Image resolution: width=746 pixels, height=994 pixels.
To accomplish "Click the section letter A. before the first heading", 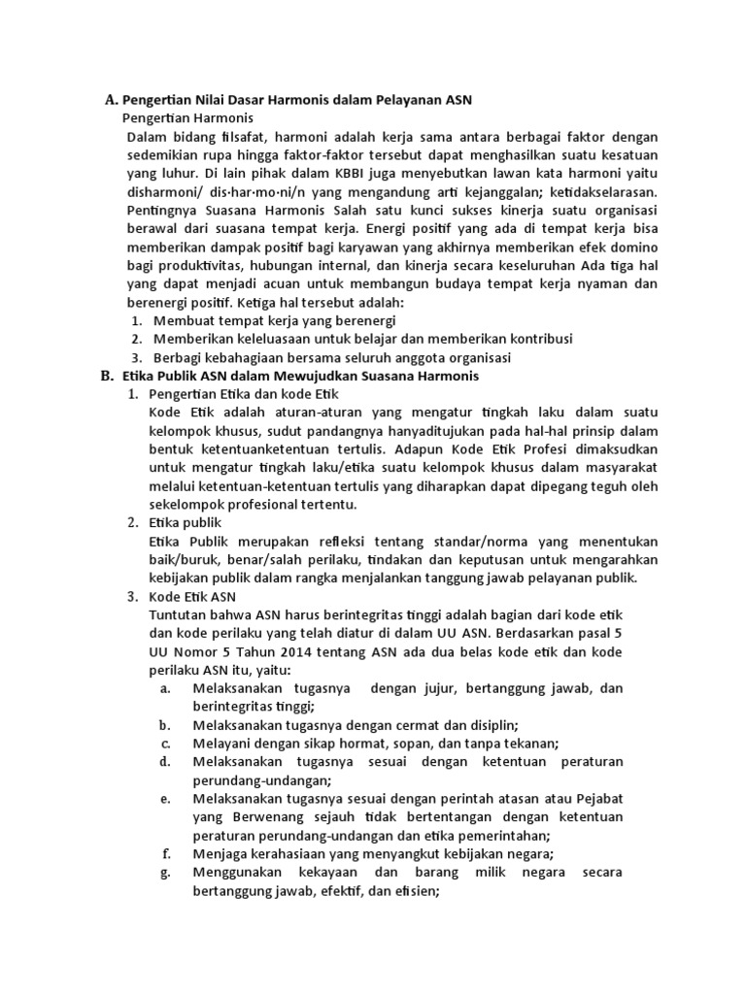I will tap(110, 99).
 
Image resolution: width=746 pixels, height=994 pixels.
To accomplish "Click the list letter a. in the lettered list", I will tap(164, 688).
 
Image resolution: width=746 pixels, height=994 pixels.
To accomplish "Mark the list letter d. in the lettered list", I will tap(164, 762).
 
